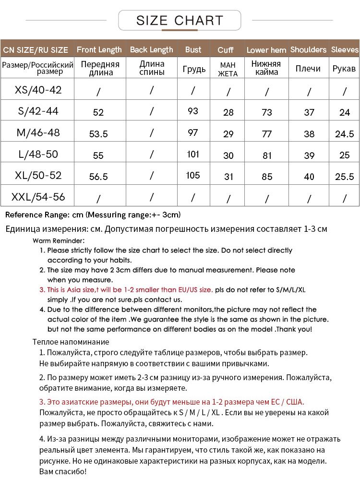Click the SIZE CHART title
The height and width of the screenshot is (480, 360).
pos(180,21)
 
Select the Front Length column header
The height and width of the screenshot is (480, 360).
pos(99,49)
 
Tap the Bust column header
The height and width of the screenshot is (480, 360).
pos(193,49)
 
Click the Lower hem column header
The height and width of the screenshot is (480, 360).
pos(266,50)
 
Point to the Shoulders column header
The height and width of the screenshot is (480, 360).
pos(308,49)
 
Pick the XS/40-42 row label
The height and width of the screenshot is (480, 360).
pos(38,90)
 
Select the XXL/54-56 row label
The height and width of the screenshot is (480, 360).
pos(38,197)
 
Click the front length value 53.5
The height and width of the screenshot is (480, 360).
pos(98,134)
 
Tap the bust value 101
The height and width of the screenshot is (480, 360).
pos(193,155)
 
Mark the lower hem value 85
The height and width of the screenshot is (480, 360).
pos(267,177)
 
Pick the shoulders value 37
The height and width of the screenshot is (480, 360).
pos(309,112)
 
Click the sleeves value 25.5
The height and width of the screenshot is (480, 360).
pos(344,177)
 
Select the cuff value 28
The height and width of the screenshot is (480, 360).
pos(228,112)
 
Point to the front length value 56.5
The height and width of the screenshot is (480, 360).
pos(98,177)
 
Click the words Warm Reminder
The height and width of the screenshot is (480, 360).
pos(59,240)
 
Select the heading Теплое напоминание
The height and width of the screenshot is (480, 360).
pos(71,342)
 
